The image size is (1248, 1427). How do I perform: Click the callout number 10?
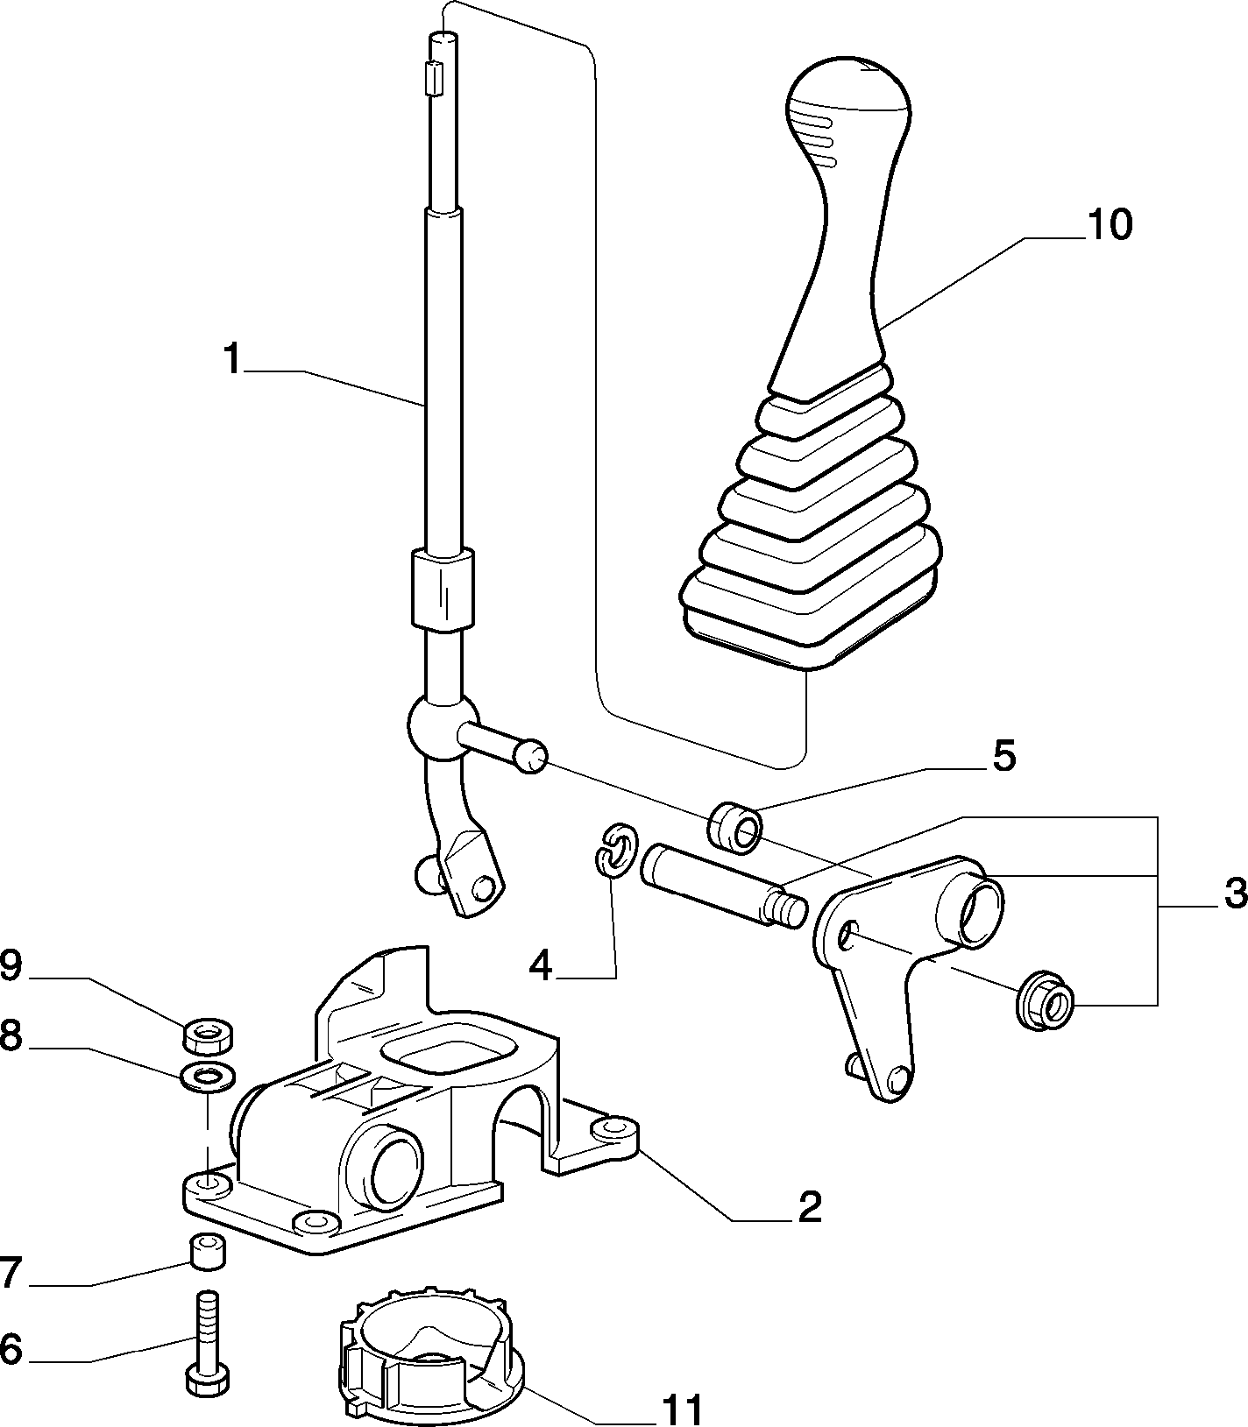pyautogui.click(x=1109, y=225)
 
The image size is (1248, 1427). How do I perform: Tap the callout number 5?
pyautogui.click(x=1003, y=756)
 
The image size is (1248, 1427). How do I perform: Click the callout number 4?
pyautogui.click(x=542, y=966)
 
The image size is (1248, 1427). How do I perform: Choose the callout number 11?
pyautogui.click(x=681, y=1409)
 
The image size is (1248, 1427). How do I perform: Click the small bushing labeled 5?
pyautogui.click(x=735, y=825)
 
